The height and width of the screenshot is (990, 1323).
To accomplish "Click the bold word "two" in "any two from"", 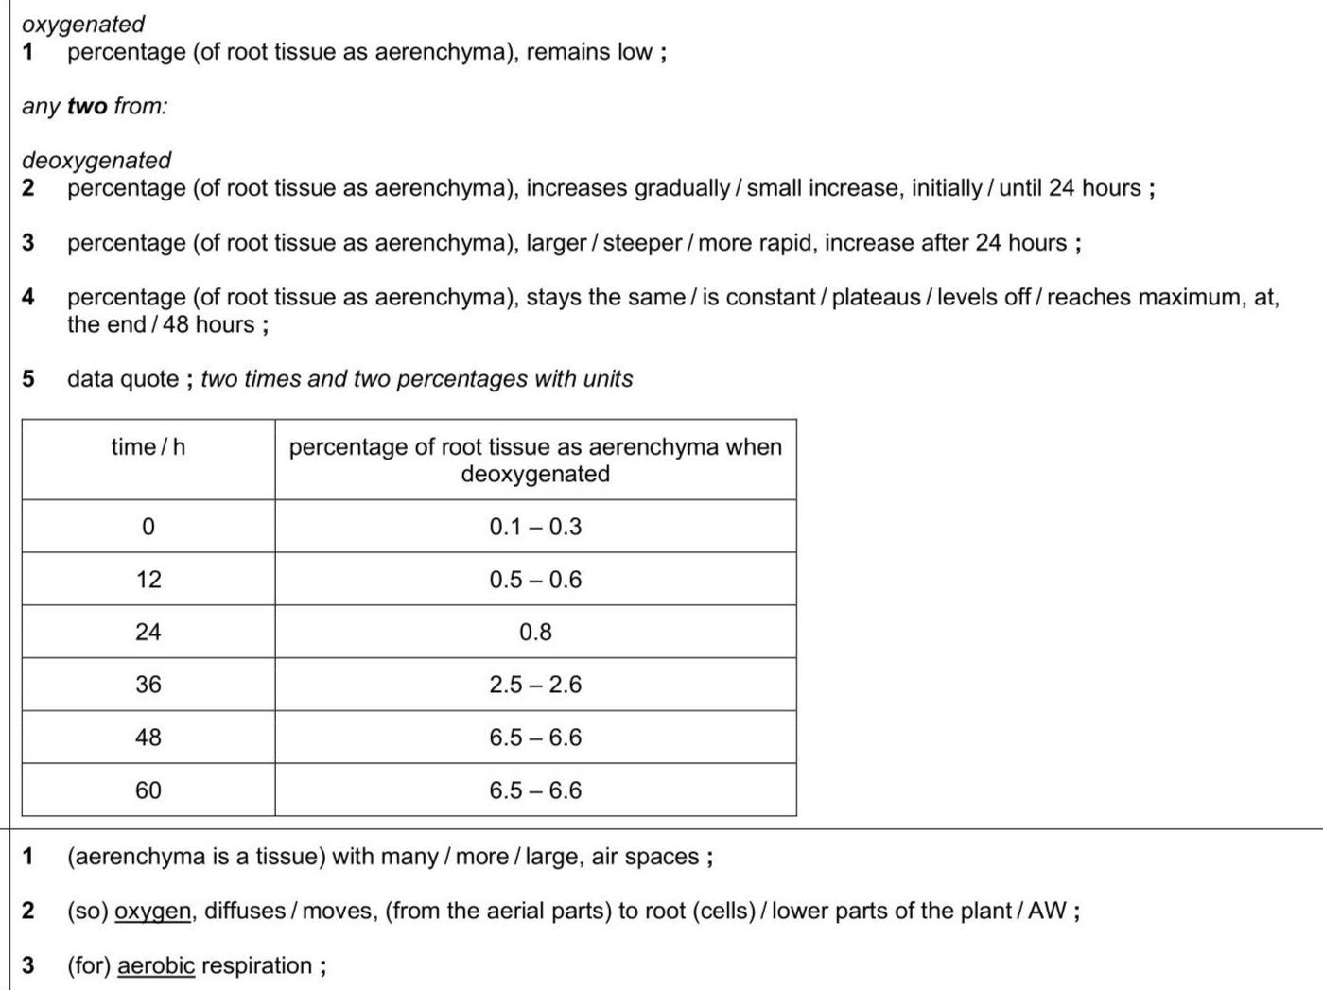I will pos(87,106).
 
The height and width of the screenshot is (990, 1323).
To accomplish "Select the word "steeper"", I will pos(642,243).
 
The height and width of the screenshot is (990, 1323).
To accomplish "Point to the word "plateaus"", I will pos(876,297).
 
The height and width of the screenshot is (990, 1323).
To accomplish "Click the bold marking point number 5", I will pos(28,379).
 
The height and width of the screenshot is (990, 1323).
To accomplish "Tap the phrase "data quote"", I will pos(123,379).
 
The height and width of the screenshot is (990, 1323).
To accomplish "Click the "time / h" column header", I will pos(148,447).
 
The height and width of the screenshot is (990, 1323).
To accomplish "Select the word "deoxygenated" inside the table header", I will pos(535,474).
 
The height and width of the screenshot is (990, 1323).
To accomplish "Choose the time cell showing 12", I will pos(148,580).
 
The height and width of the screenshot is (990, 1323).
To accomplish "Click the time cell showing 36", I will pos(148,685).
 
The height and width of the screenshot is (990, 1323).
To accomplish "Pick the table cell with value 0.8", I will pos(535,632).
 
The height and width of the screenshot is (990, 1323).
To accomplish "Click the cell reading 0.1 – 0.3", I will pos(535,527).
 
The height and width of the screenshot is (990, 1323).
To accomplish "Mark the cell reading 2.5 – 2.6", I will pos(535,685).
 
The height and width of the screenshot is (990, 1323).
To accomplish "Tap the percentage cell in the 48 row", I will pos(535,738).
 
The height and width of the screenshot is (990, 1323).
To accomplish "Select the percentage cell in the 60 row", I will pos(535,790).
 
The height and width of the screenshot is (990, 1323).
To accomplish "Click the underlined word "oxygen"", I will pos(152,912).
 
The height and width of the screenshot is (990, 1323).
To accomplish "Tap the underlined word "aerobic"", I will pos(156,966).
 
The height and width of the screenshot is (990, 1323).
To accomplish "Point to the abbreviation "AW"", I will pos(1047,912).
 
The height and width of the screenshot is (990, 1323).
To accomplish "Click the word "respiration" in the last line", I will pos(256,966).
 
